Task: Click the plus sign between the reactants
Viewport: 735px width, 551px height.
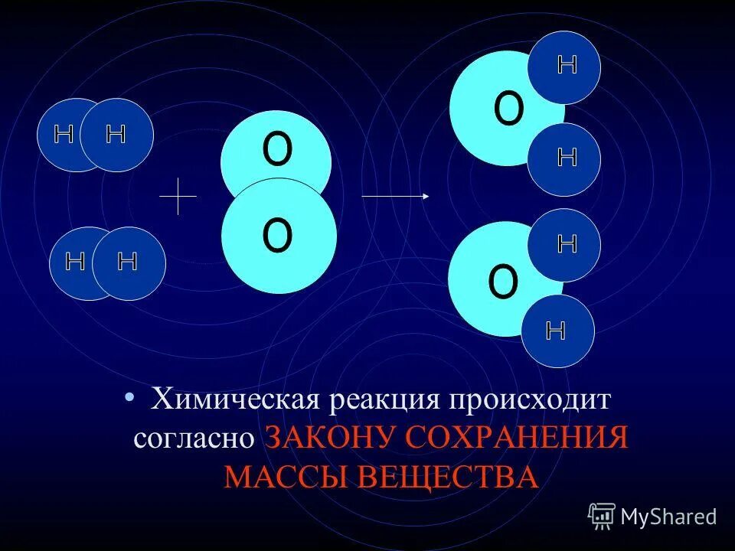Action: point(178,196)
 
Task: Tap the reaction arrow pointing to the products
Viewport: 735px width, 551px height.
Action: point(395,197)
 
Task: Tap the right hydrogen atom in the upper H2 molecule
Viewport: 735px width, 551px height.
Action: point(116,135)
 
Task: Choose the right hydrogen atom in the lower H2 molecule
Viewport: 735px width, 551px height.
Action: point(129,262)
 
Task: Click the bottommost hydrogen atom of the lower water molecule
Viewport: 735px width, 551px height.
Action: point(557,331)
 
